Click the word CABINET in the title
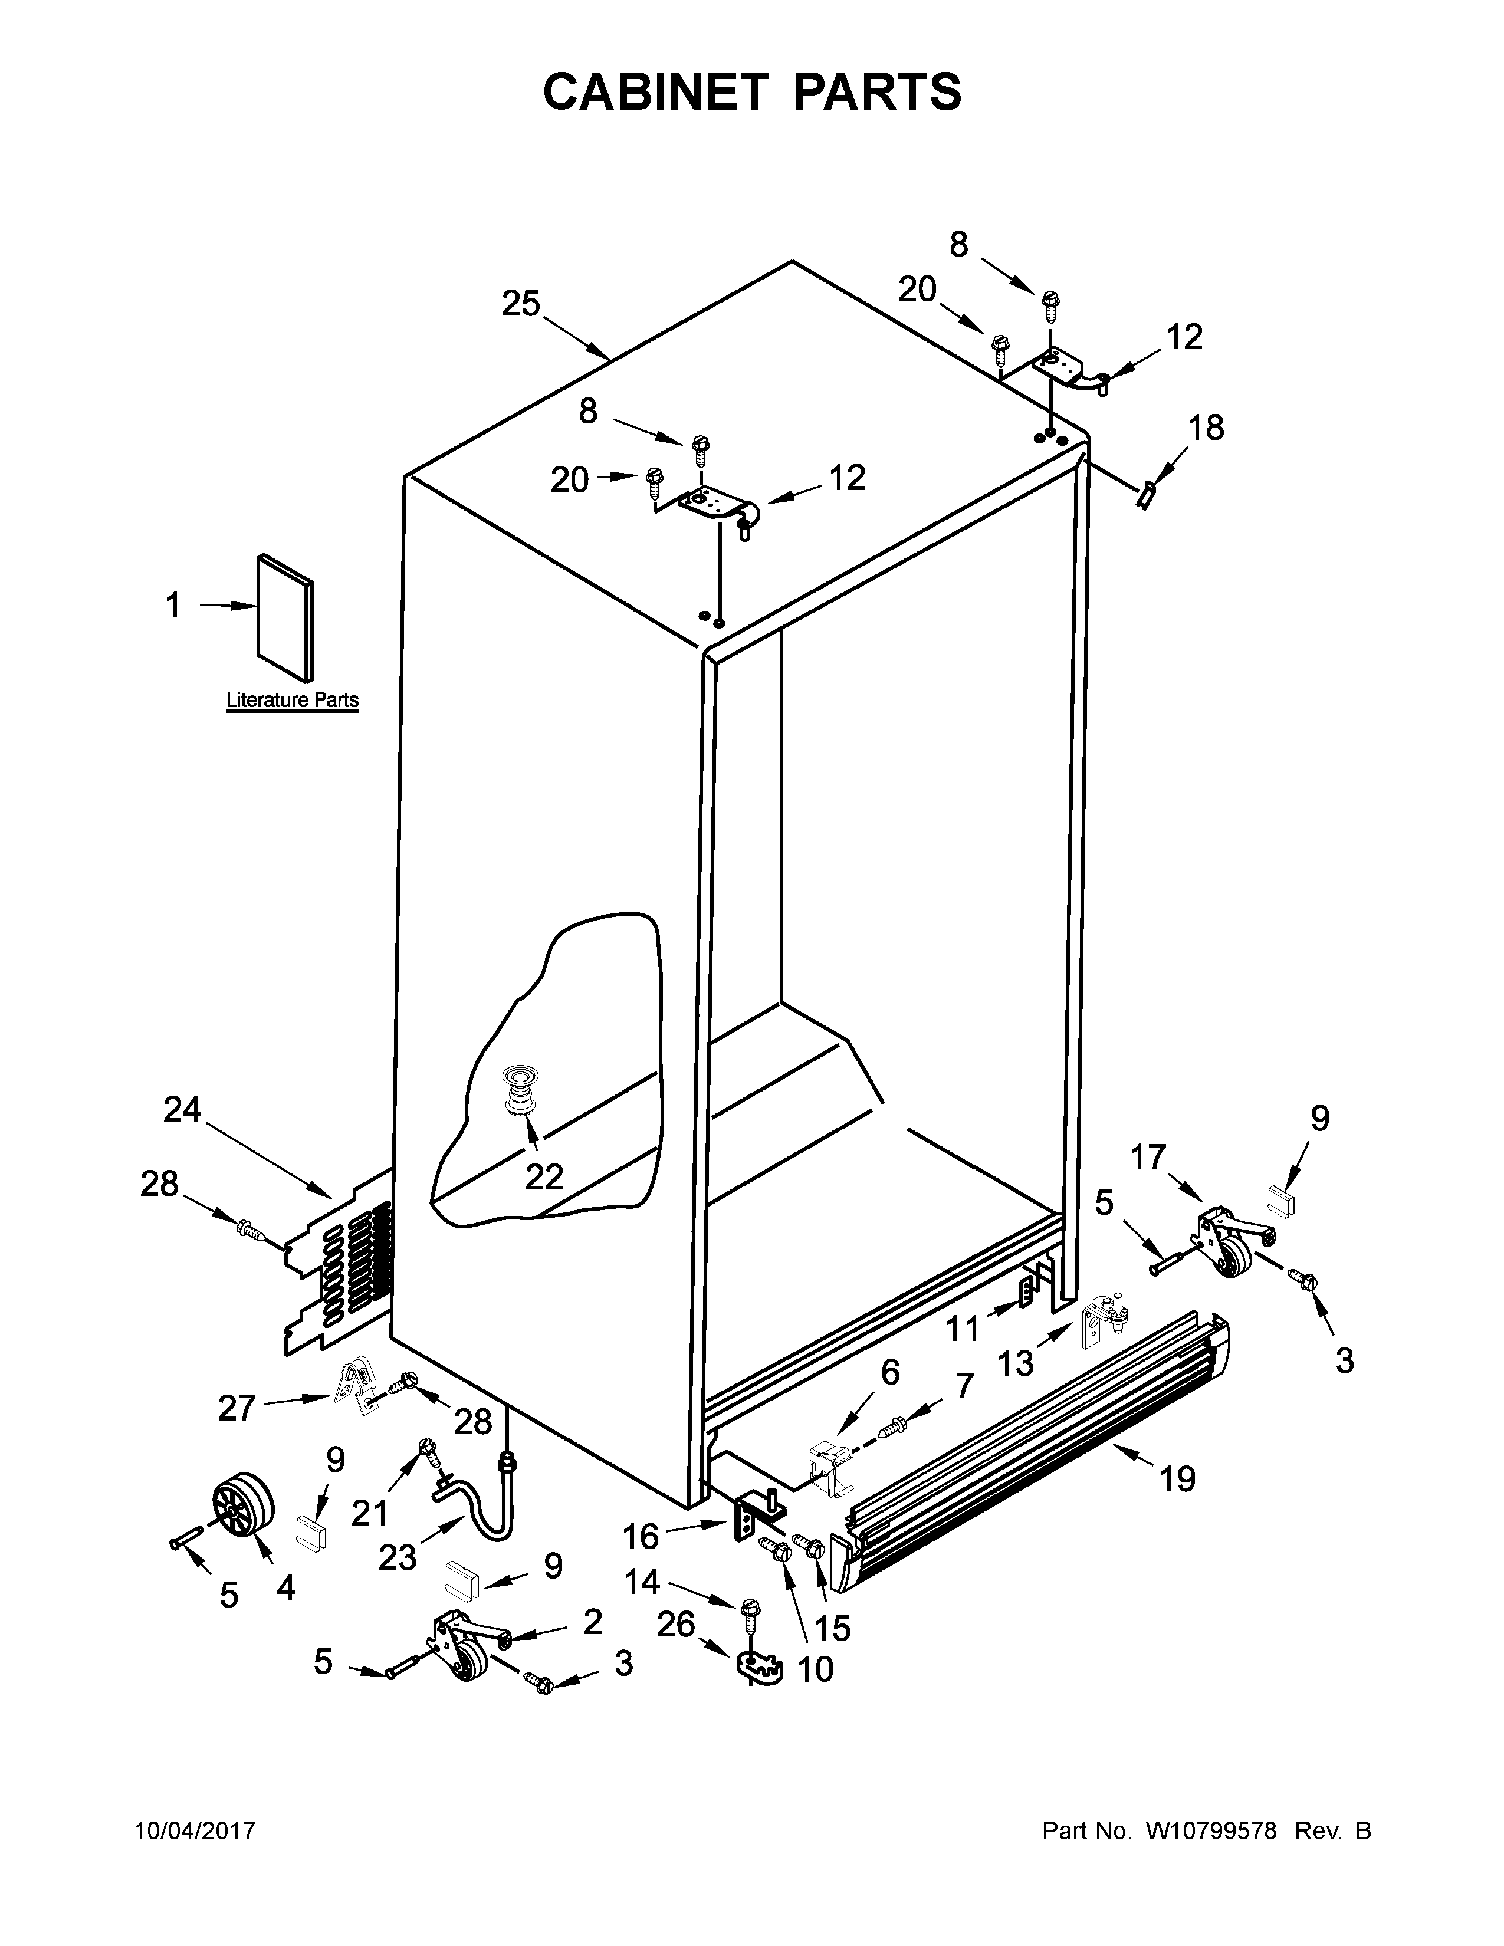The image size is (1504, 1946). [x=655, y=92]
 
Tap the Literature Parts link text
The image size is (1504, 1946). [x=292, y=701]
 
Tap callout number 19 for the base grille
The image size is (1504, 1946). [x=1177, y=1480]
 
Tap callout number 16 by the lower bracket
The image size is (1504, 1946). [x=640, y=1536]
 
